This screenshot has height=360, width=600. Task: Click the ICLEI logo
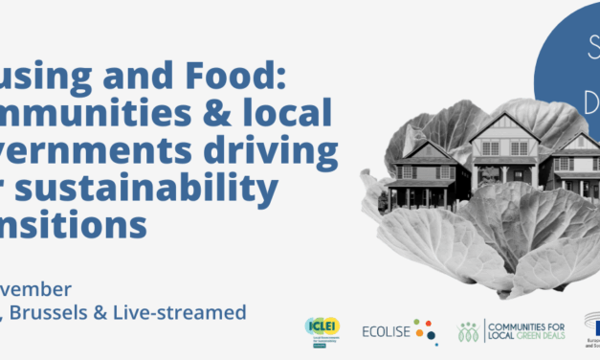(x=320, y=330)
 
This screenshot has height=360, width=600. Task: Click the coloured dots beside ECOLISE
(x=428, y=331)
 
